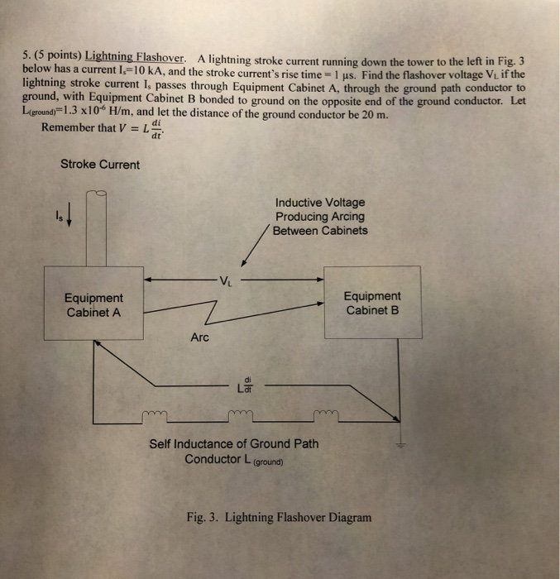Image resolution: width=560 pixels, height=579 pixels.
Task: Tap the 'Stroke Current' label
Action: point(100,164)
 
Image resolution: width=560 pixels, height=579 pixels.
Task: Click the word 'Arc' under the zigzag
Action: point(200,337)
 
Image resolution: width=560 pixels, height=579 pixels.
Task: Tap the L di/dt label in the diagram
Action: point(245,385)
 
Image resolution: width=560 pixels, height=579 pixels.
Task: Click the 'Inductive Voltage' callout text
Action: point(319,202)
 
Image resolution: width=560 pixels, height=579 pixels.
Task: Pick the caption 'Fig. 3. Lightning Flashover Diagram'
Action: point(279,517)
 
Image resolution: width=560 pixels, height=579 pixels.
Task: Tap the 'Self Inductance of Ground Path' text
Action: point(233,444)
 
